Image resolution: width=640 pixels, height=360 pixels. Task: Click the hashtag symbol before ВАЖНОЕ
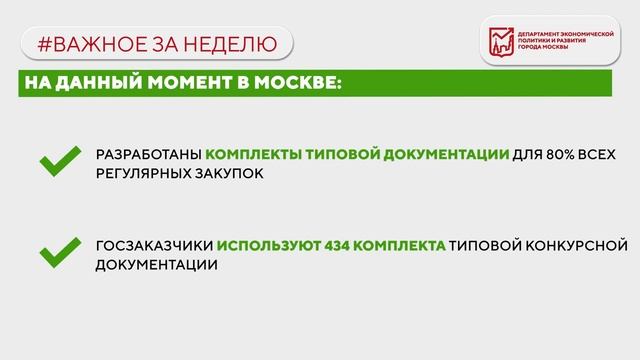(x=43, y=44)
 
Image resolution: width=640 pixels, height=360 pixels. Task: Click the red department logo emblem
(x=500, y=42)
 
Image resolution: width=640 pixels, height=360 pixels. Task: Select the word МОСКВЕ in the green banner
(x=302, y=84)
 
